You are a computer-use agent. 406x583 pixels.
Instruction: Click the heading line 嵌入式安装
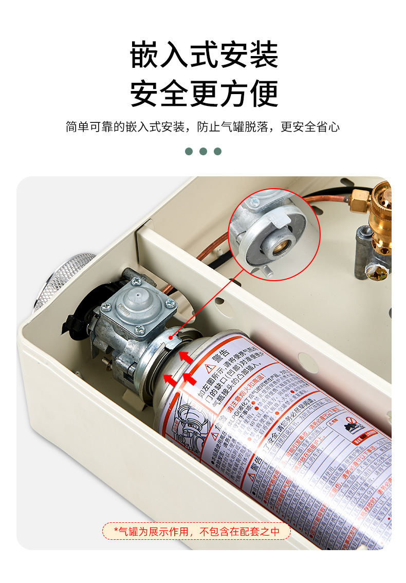point(204,55)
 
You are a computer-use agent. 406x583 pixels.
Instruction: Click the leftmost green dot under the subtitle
point(189,151)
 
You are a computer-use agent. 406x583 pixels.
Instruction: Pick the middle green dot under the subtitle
point(203,151)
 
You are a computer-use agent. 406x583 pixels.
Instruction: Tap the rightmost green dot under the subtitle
point(217,151)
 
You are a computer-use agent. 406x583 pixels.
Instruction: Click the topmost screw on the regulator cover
point(136,281)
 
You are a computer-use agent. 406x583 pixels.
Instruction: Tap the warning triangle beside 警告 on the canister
point(210,368)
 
